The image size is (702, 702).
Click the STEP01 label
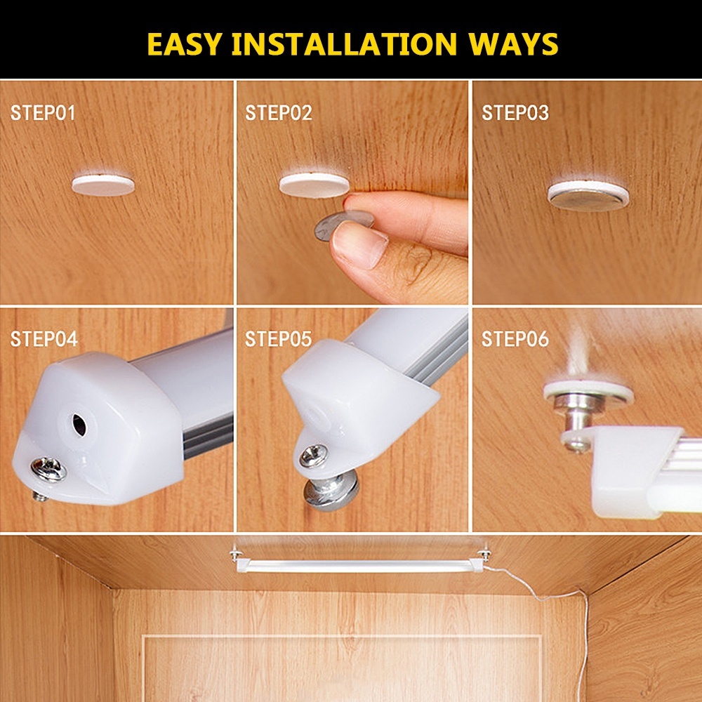click(x=43, y=113)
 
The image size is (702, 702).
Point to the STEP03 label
click(x=515, y=113)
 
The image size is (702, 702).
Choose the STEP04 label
click(x=44, y=339)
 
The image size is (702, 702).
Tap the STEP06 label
click(x=515, y=340)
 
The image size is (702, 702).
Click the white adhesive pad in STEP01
click(x=103, y=185)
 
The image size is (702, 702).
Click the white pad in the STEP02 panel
click(x=313, y=185)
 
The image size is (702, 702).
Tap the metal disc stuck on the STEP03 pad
click(x=588, y=199)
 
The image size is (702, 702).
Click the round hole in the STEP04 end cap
click(x=79, y=423)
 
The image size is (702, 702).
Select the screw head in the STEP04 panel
click(x=49, y=469)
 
